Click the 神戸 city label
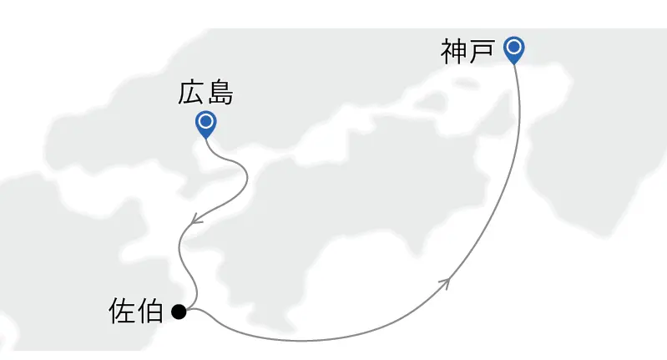click(x=467, y=52)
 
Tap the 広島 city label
click(x=205, y=93)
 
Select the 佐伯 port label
click(x=136, y=311)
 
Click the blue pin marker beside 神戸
click(x=514, y=50)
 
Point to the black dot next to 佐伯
click(x=179, y=312)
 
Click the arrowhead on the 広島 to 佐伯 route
click(x=196, y=219)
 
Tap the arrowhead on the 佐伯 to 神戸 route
click(x=445, y=283)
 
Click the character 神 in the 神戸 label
click(x=454, y=52)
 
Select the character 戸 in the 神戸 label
click(x=482, y=52)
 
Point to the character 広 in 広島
click(x=191, y=93)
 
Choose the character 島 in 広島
click(x=220, y=93)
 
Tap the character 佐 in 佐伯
click(x=122, y=311)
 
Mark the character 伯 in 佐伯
click(x=150, y=311)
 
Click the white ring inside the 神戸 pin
click(x=514, y=47)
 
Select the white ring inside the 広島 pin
click(x=206, y=122)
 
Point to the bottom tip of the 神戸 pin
click(x=514, y=64)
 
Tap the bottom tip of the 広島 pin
click(x=206, y=139)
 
